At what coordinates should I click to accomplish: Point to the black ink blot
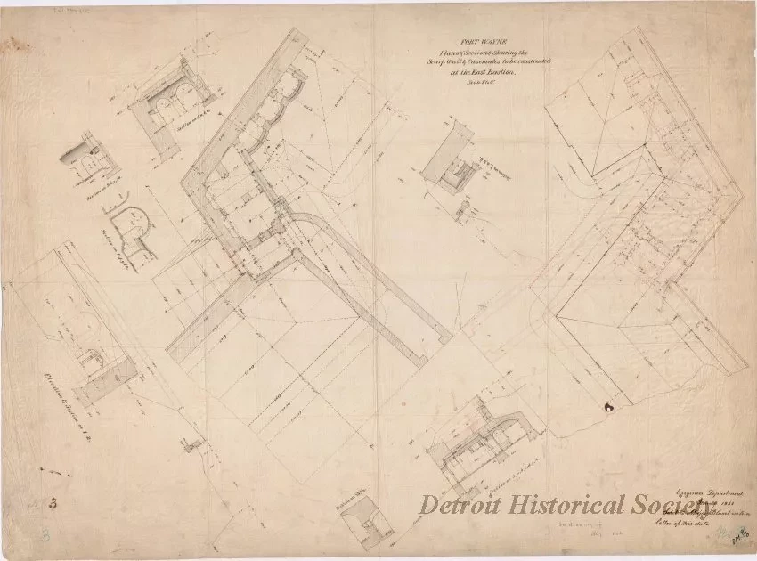(x=609, y=408)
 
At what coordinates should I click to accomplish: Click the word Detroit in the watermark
(x=467, y=507)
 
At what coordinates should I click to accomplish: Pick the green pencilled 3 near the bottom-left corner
(x=46, y=537)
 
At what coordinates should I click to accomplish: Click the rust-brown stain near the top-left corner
(x=12, y=40)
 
